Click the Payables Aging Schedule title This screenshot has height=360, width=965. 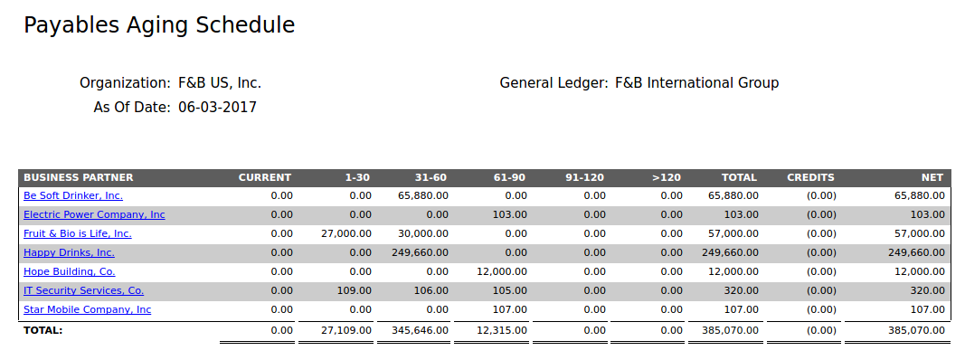159,25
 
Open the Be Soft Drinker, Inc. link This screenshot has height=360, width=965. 73,195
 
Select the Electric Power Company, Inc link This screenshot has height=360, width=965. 94,214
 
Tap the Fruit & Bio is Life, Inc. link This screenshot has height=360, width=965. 78,233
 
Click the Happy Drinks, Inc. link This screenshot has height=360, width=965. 69,252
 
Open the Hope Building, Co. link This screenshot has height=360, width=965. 69,271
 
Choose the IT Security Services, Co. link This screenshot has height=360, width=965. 83,290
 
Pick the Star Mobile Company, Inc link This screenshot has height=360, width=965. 87,309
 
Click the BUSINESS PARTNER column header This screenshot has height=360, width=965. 78,177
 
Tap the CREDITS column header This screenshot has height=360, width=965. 810,177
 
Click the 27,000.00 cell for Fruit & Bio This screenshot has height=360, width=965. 346,233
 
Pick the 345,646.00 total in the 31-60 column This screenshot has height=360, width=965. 420,331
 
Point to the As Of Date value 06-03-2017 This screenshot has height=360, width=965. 217,108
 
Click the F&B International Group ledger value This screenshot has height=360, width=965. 696,83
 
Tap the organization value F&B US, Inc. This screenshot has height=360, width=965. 219,83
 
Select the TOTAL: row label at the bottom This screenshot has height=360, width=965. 43,331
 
